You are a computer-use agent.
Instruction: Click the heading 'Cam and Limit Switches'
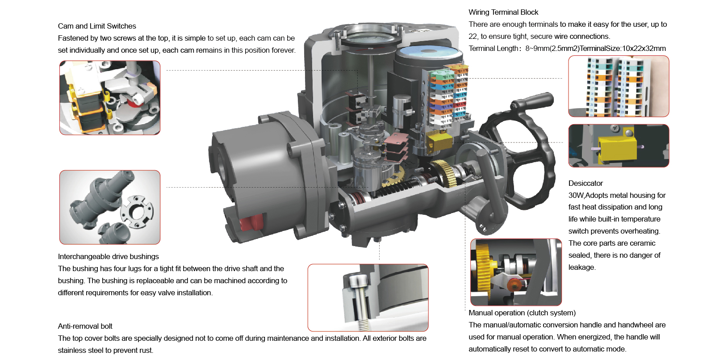[97, 26]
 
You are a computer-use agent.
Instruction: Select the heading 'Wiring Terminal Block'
[503, 13]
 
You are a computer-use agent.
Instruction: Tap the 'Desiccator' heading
[585, 184]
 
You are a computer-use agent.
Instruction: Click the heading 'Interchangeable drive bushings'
[108, 257]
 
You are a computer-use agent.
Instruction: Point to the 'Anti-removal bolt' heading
[85, 327]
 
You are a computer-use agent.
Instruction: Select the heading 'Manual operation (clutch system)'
[522, 313]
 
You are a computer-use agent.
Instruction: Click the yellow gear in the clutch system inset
[484, 268]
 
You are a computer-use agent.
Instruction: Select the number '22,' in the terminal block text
[473, 37]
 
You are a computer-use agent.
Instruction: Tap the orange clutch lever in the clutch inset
[514, 284]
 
